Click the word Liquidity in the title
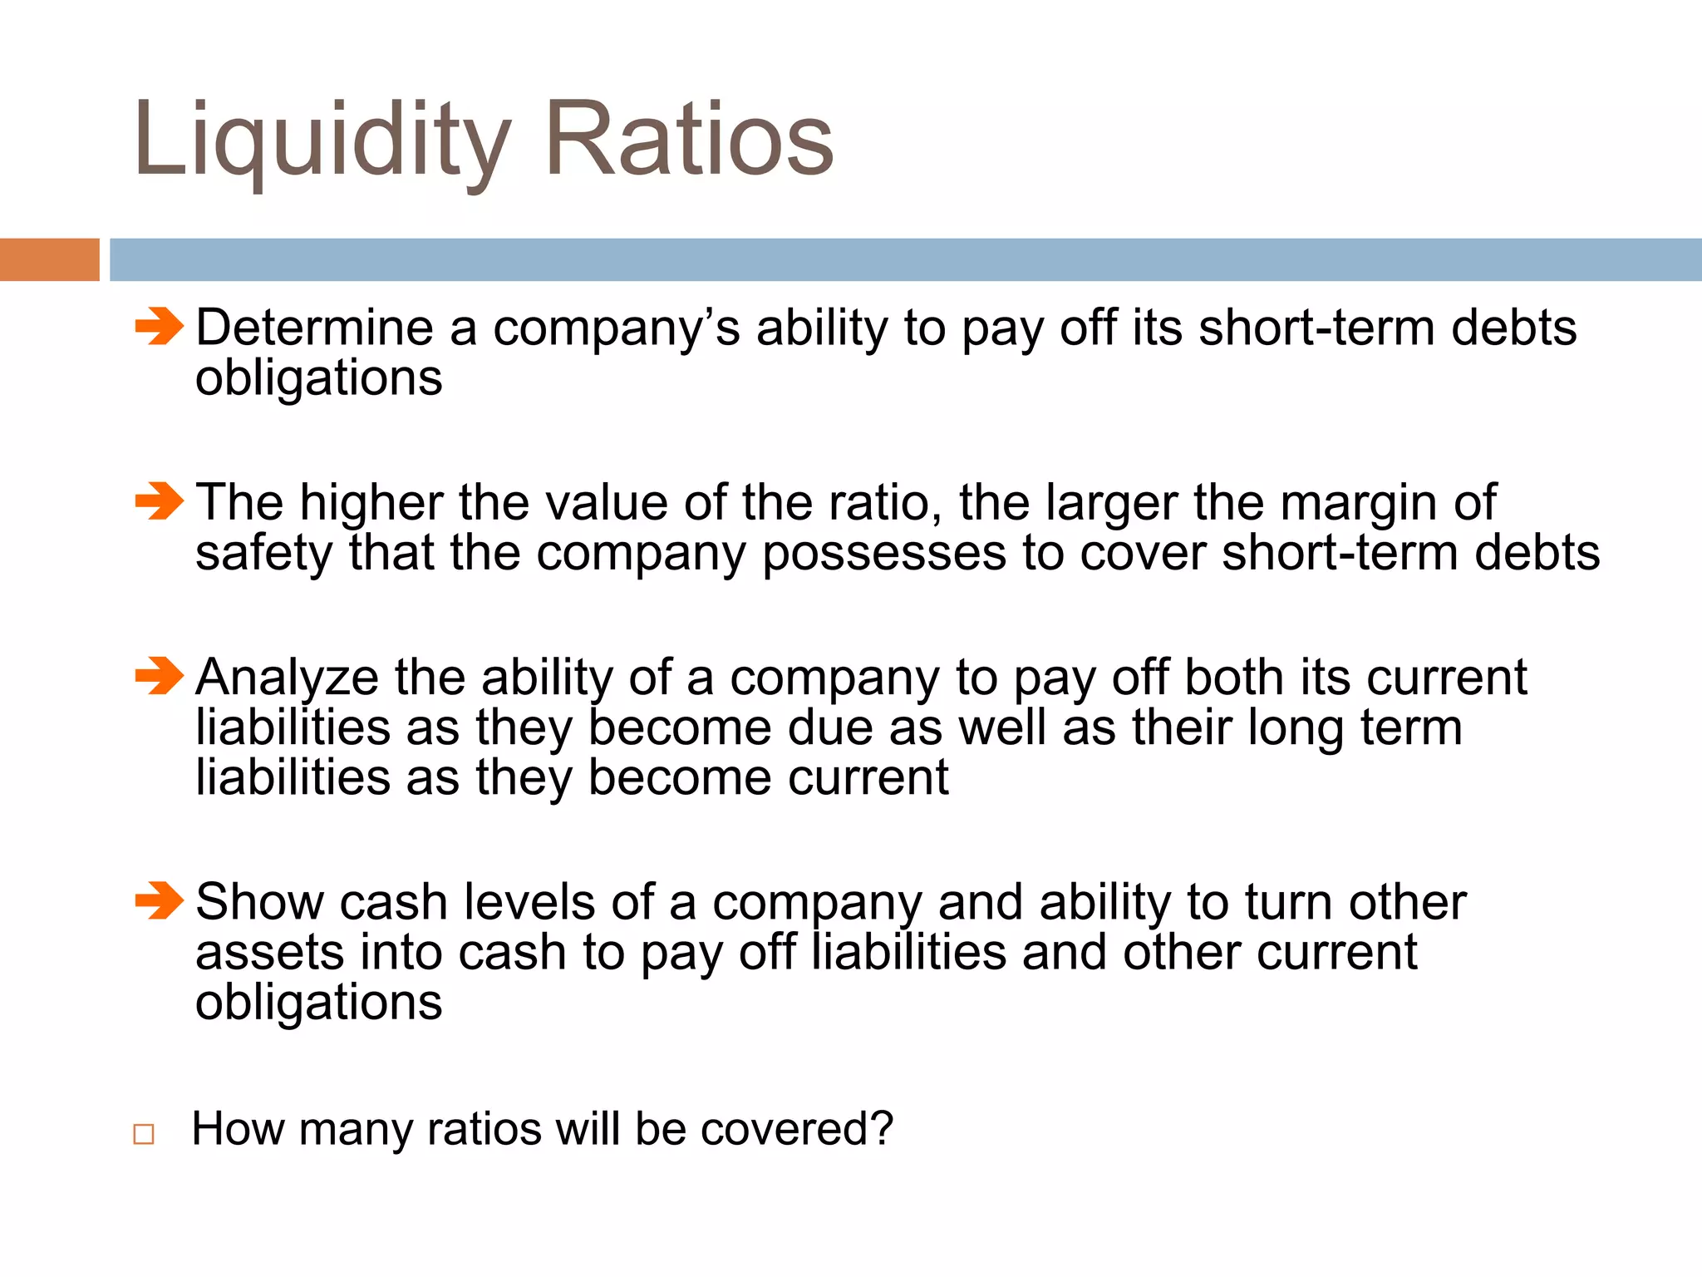[321, 140]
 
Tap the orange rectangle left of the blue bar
[49, 259]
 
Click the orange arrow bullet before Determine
[159, 327]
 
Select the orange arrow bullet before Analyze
[159, 676]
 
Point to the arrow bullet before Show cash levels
[159, 901]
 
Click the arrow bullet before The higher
[159, 501]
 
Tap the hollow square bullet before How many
[144, 1134]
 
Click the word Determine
[314, 328]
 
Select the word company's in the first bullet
[616, 329]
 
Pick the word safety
[263, 554]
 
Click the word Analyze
[287, 678]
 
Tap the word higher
[371, 504]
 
